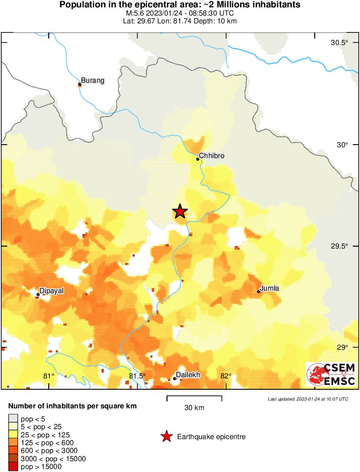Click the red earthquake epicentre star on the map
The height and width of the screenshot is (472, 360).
click(x=180, y=211)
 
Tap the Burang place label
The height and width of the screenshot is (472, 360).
click(x=93, y=81)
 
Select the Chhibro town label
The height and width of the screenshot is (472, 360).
click(x=212, y=155)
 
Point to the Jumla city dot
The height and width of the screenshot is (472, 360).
click(x=259, y=291)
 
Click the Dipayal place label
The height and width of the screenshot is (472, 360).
click(x=52, y=291)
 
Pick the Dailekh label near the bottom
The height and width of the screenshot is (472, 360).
click(x=188, y=375)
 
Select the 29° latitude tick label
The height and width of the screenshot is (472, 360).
click(x=342, y=347)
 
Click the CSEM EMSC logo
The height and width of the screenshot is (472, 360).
click(x=331, y=375)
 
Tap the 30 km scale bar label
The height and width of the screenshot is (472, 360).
click(x=194, y=407)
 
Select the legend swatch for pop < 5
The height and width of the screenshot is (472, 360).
click(x=13, y=419)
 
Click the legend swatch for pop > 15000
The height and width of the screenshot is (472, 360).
click(x=13, y=466)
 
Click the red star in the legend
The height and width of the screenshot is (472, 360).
click(x=166, y=437)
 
